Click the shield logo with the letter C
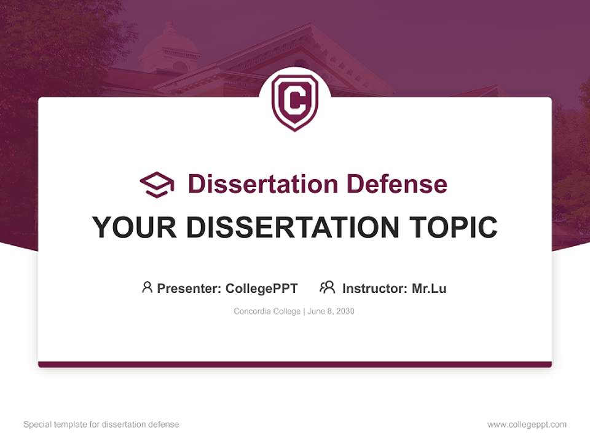pyautogui.click(x=295, y=103)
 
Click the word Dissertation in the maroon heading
pyautogui.click(x=262, y=184)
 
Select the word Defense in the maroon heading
pyautogui.click(x=396, y=184)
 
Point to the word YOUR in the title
pyautogui.click(x=134, y=227)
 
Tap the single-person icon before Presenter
pyautogui.click(x=147, y=287)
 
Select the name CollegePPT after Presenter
pyautogui.click(x=262, y=288)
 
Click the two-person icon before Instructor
pyautogui.click(x=327, y=287)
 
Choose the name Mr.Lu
pyautogui.click(x=429, y=288)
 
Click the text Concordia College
pyautogui.click(x=267, y=311)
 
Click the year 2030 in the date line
pyautogui.click(x=345, y=311)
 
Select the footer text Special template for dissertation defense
pyautogui.click(x=101, y=425)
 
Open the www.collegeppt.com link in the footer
pyautogui.click(x=527, y=425)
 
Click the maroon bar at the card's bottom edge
pyautogui.click(x=295, y=364)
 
